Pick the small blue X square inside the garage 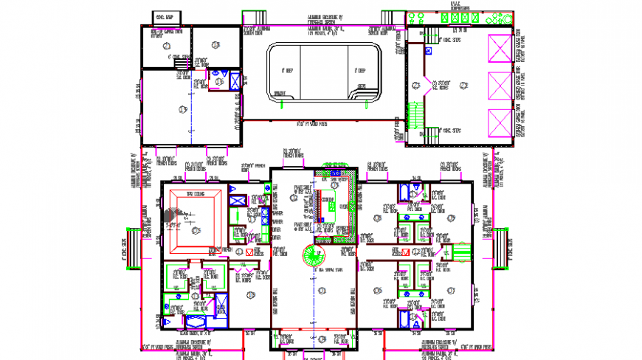pos(428,51)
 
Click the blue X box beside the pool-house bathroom pos(234,80)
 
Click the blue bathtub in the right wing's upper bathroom pos(405,193)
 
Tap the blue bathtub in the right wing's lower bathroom pos(405,318)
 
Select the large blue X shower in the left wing pos(196,322)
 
